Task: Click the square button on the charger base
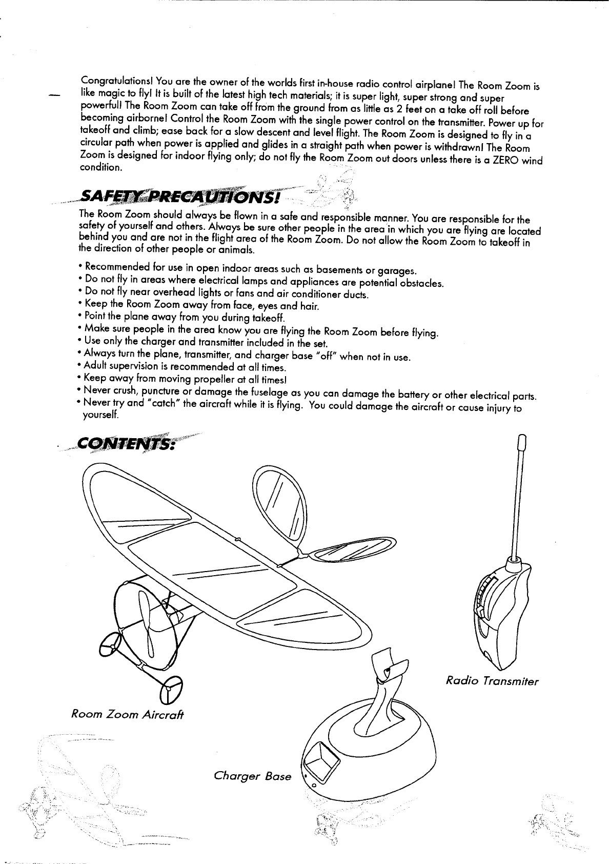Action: pyautogui.click(x=321, y=757)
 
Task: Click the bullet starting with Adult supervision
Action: pyautogui.click(x=185, y=368)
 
